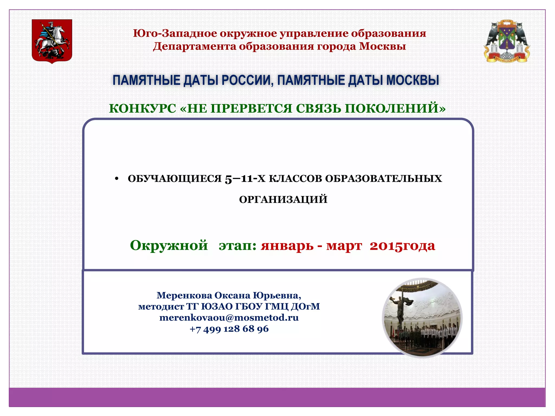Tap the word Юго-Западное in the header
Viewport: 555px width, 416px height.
tap(175, 33)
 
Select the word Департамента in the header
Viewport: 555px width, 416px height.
tap(194, 46)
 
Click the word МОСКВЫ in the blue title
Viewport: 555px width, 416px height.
tap(412, 80)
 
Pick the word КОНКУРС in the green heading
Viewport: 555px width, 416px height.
tap(143, 109)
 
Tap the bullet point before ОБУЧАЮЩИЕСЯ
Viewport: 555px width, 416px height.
tap(117, 179)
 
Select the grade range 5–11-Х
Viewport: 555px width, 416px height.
tap(245, 179)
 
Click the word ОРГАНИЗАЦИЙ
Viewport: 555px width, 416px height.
tap(283, 200)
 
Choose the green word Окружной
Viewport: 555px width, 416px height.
tap(169, 245)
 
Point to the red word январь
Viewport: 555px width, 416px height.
tap(287, 246)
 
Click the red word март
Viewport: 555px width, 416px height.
tap(344, 246)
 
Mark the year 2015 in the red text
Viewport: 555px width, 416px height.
tap(385, 246)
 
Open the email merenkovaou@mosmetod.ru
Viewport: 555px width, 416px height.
tap(229, 317)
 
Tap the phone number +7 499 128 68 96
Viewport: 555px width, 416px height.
tap(229, 329)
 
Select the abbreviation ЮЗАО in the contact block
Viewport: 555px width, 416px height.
tap(217, 306)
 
